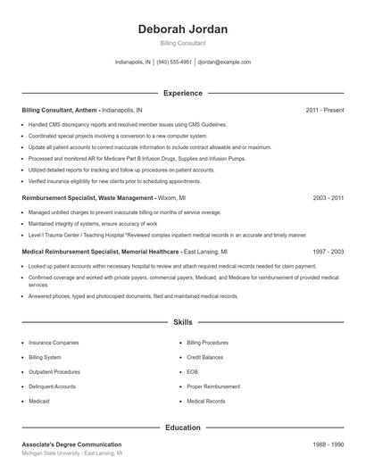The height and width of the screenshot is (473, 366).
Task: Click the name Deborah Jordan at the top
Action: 183,29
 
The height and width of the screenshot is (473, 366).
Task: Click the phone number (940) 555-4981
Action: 175,62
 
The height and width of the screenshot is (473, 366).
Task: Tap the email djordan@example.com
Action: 224,62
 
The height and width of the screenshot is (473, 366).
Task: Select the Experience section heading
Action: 183,93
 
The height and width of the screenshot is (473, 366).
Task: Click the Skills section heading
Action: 183,321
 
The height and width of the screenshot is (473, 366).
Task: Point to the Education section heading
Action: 183,427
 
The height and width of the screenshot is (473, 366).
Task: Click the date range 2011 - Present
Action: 324,110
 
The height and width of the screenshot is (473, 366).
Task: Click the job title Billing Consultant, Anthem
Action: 59,110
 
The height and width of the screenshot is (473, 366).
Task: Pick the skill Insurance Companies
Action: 54,343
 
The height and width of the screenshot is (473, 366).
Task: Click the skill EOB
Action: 192,372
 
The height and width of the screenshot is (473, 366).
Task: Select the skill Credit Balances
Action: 204,357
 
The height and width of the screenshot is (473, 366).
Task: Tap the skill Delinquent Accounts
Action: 52,386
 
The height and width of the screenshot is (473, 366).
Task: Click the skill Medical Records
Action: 205,402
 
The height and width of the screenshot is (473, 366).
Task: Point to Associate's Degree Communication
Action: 71,444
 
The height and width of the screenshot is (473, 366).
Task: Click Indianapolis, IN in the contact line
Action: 133,62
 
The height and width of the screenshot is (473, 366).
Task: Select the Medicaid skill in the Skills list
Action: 40,402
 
